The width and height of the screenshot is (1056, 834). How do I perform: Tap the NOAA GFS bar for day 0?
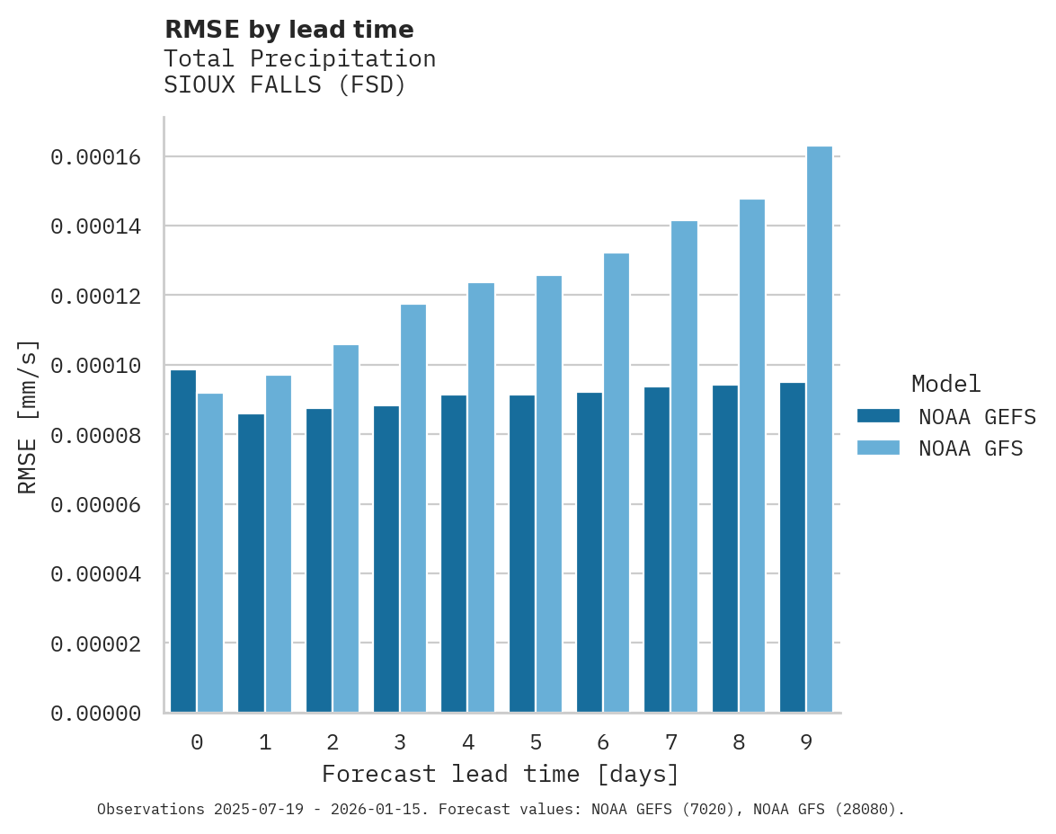coord(210,553)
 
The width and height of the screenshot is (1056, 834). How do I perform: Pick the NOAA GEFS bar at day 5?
coord(522,554)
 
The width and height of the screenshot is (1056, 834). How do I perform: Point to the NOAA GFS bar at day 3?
coord(413,509)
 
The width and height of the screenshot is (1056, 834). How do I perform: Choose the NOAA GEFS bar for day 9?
coord(793,547)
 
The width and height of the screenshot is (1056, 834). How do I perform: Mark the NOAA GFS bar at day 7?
coord(684,466)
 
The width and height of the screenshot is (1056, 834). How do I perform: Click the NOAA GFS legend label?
coord(971,448)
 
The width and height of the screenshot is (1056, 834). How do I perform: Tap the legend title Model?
coord(945,384)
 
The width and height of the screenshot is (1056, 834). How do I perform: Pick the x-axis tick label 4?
coord(468,742)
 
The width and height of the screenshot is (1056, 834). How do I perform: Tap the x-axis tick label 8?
coord(739,742)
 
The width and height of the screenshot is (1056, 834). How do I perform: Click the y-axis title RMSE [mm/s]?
coord(28,417)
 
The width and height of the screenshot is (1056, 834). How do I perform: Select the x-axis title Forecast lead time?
coord(501,774)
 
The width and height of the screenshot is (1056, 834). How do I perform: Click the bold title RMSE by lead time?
coord(288,30)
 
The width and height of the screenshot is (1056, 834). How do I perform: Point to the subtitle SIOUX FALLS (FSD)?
coord(285,86)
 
